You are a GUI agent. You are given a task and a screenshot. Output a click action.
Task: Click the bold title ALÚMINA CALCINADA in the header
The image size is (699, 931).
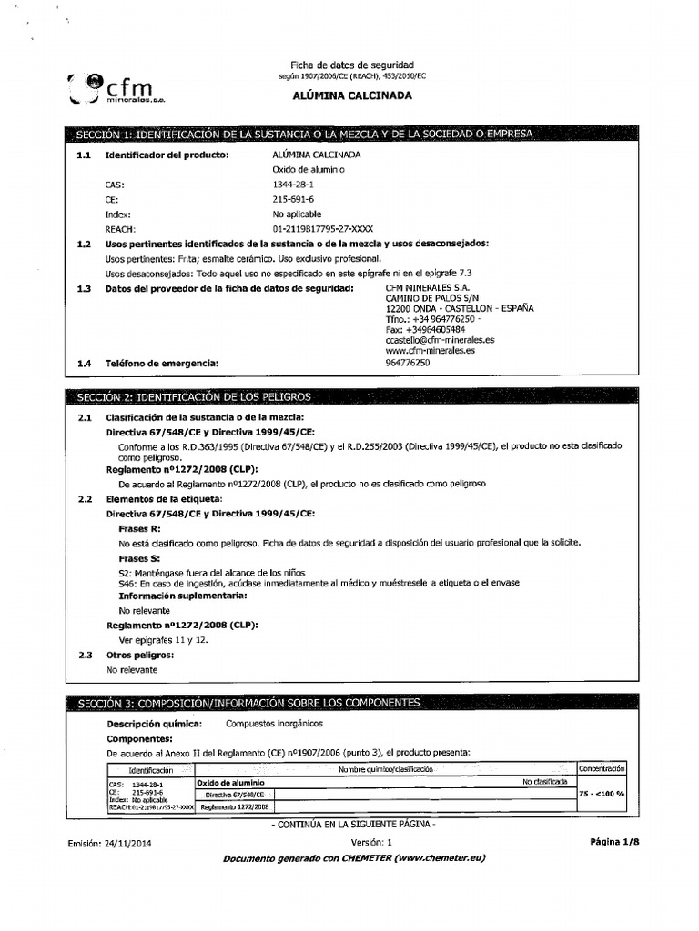(x=351, y=95)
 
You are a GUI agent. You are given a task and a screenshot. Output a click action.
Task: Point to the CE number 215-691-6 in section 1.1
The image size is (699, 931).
(x=293, y=199)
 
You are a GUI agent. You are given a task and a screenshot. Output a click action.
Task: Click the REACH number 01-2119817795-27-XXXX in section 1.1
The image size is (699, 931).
(x=322, y=229)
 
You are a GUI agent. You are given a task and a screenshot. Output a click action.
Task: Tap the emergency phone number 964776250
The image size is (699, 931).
(x=408, y=363)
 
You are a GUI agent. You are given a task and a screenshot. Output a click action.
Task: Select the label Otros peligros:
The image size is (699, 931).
(x=139, y=655)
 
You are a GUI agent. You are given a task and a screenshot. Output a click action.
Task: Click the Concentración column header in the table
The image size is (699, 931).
(x=602, y=768)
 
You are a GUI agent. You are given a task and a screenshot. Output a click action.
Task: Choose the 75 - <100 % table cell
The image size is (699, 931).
(x=602, y=794)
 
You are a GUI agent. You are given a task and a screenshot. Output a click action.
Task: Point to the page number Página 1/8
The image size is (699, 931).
(x=614, y=842)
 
